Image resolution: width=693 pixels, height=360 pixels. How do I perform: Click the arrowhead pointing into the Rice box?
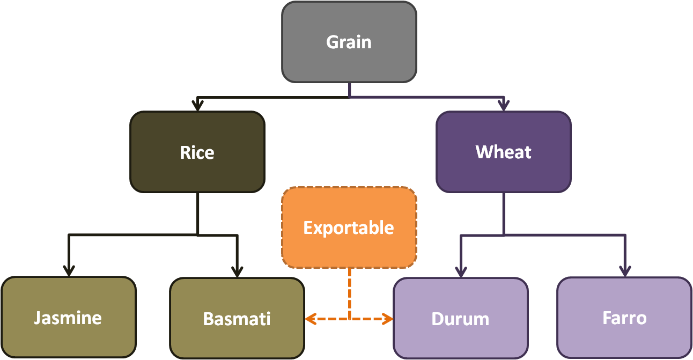[x=198, y=105]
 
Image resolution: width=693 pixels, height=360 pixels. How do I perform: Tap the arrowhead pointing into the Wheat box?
[x=503, y=105]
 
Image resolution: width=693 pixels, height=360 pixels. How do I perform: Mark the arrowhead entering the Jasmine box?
[x=69, y=271]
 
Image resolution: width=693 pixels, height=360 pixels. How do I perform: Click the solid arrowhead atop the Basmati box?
[x=237, y=271]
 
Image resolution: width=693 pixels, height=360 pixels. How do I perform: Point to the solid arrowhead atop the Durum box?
[x=461, y=271]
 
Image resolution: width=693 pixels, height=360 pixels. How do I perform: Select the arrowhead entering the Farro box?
[x=624, y=271]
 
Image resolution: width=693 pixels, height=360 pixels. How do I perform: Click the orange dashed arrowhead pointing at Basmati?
[x=309, y=319]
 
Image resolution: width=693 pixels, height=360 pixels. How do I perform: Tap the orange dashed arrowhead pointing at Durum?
[x=388, y=319]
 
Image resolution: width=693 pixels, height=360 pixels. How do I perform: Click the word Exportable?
[x=349, y=227]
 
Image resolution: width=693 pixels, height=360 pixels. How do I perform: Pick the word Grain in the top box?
[x=349, y=42]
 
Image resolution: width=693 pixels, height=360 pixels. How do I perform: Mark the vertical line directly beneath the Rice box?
[x=198, y=213]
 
